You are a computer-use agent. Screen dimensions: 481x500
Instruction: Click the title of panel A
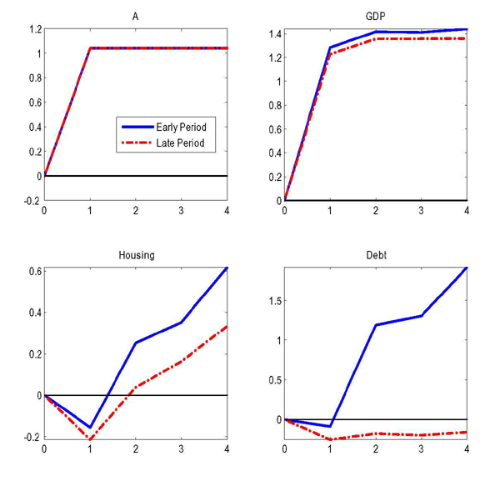[135, 17]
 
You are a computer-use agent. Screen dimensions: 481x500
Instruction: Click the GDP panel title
[376, 17]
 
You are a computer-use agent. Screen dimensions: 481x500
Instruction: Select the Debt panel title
[376, 255]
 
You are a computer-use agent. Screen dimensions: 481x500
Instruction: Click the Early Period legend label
[181, 127]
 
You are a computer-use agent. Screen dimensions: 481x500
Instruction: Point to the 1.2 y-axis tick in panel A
[33, 29]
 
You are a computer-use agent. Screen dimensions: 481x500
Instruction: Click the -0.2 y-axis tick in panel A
[32, 201]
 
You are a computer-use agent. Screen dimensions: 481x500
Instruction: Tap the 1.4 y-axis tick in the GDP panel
[273, 34]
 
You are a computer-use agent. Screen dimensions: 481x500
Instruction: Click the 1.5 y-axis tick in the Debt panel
[273, 301]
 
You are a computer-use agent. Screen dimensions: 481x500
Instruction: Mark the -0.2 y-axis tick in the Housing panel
[32, 437]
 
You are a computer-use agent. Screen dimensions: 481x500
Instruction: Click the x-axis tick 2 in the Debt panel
[376, 448]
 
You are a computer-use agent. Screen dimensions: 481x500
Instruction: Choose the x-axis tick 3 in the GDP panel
[421, 211]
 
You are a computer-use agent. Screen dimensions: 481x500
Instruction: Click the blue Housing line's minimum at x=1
[90, 428]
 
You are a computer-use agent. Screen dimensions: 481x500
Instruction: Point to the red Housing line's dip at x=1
[90, 438]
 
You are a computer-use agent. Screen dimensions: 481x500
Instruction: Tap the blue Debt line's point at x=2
[376, 325]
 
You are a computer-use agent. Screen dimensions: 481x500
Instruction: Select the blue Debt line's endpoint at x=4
[466, 268]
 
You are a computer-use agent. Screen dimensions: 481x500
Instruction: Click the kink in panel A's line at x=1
[90, 48]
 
